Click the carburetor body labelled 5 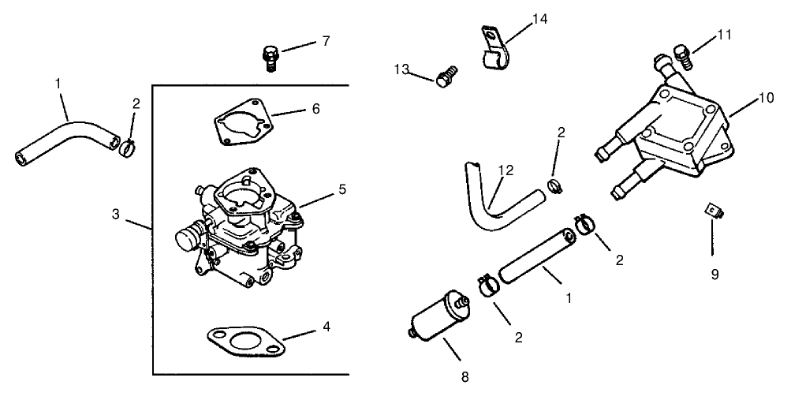(x=241, y=229)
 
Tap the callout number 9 (x=715, y=275)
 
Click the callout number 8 (x=465, y=377)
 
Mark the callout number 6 (x=315, y=108)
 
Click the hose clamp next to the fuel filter (x=487, y=283)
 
